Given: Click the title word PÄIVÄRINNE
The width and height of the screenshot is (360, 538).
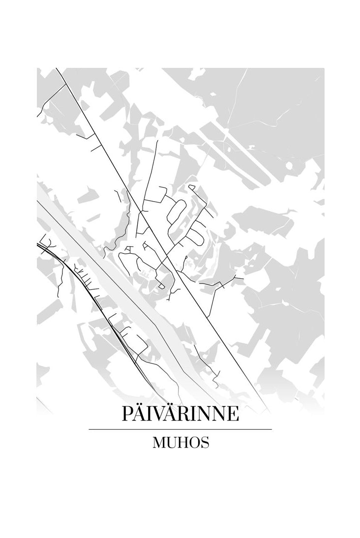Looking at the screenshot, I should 180,414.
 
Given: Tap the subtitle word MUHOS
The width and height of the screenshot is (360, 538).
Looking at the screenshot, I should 180,443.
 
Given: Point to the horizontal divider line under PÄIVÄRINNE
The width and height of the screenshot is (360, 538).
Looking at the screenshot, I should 180,429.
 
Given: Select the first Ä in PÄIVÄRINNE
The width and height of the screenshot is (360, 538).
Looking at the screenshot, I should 140,414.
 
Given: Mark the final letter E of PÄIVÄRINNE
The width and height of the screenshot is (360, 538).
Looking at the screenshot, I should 233,414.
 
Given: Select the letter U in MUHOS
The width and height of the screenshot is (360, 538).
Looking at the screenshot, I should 171,443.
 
